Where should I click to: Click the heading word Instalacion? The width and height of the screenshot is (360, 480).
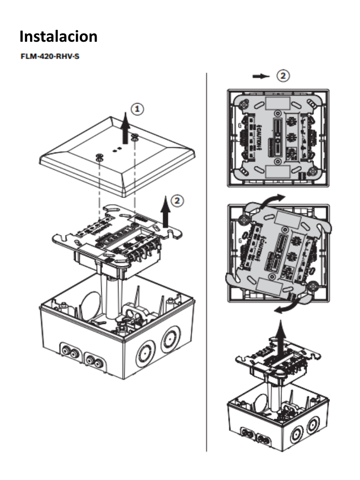[x=59, y=37]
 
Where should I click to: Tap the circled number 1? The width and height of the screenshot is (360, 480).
[x=137, y=109]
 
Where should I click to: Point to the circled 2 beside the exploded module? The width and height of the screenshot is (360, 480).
[x=177, y=201]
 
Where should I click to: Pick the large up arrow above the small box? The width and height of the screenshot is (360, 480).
[x=280, y=337]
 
